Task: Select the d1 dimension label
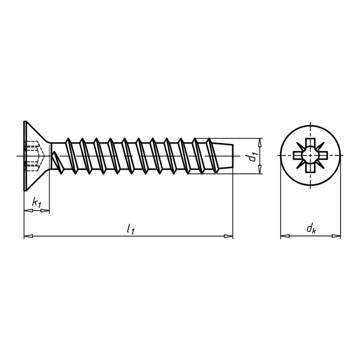(252, 156)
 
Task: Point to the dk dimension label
(310, 229)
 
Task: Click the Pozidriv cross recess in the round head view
(310, 156)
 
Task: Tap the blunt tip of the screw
(233, 156)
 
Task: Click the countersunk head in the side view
(34, 156)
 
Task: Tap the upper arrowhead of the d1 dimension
(260, 141)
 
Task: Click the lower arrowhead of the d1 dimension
(260, 171)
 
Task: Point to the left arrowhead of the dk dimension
(283, 235)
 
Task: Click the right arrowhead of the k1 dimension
(45, 211)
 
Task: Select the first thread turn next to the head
(68, 156)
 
